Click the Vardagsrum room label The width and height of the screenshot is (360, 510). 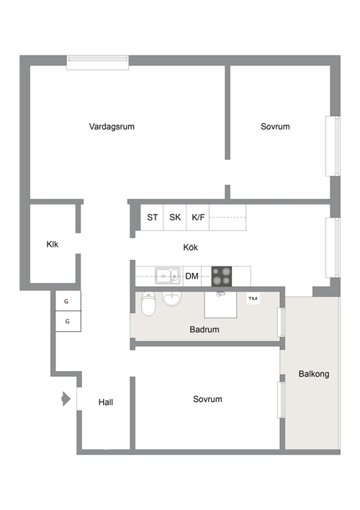tap(112, 127)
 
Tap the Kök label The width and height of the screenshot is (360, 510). tap(190, 247)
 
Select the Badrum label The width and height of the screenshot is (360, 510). tap(204, 329)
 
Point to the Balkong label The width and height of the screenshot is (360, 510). tap(314, 374)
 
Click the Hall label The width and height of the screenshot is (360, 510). tap(106, 403)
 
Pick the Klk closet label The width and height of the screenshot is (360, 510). tap(53, 244)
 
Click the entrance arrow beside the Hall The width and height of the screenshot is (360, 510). tap(66, 399)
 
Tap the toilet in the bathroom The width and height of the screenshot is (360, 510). tap(148, 304)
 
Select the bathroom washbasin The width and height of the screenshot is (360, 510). tap(171, 299)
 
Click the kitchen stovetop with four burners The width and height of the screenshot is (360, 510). tap(222, 277)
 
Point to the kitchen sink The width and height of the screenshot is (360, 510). tap(168, 276)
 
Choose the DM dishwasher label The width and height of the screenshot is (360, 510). tap(192, 276)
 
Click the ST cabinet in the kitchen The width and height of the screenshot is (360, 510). tap(152, 218)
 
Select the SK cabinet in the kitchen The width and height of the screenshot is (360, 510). tap(175, 218)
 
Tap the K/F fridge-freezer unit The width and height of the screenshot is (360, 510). tap(198, 218)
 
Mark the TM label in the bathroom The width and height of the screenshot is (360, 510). tap(253, 299)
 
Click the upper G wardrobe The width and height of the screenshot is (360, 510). tap(68, 301)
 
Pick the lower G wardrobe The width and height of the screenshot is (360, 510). tap(68, 321)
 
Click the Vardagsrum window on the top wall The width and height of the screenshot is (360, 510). tap(98, 63)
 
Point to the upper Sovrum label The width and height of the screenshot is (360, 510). tap(275, 127)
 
